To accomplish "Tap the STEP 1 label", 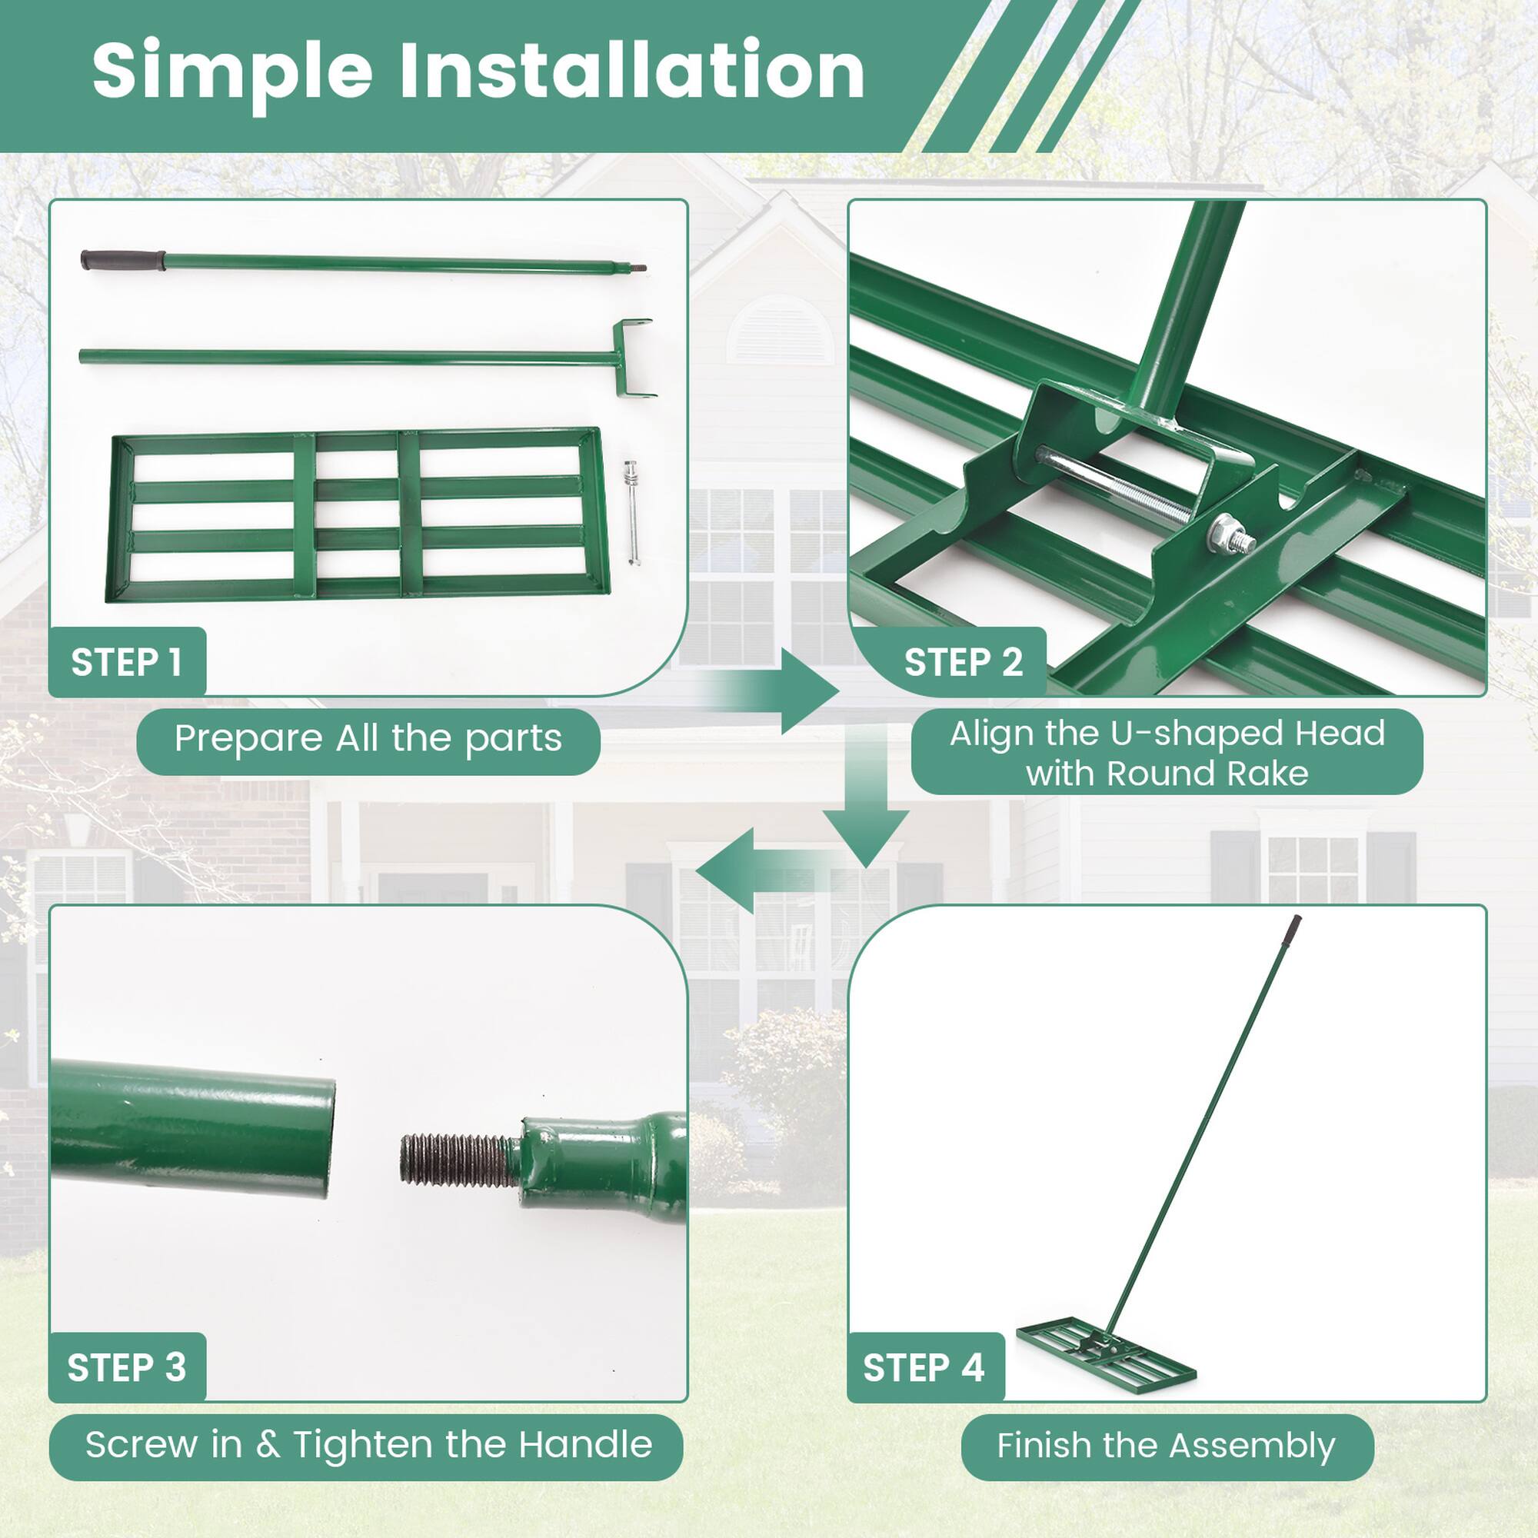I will coord(127,662).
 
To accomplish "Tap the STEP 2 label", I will coord(963,662).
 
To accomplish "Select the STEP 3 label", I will coord(127,1367).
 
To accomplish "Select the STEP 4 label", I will coord(924,1367).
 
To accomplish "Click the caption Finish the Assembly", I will coord(1167,1445).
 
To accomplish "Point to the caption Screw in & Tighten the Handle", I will coord(368,1445).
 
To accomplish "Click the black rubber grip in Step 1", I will coord(122,261).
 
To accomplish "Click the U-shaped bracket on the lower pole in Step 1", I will coord(634,358).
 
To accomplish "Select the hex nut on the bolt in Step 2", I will coord(1221,532).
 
